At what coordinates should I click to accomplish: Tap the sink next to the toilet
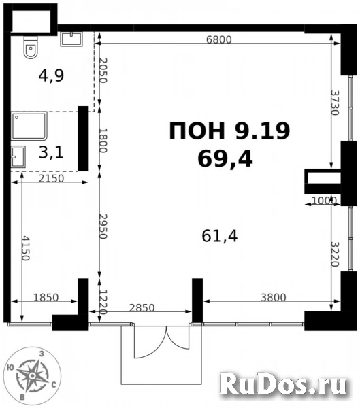71,38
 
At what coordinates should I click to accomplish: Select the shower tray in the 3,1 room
30,126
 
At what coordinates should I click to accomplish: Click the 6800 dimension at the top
218,39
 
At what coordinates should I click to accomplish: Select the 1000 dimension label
324,201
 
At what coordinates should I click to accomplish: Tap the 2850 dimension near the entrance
142,307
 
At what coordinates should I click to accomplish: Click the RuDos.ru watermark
285,386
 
